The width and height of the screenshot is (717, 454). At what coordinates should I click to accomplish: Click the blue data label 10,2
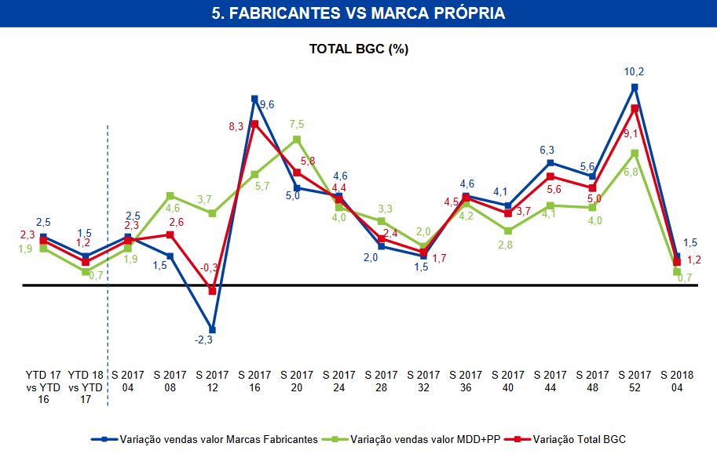[x=634, y=72]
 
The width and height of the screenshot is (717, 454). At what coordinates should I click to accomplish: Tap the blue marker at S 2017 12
[x=212, y=329]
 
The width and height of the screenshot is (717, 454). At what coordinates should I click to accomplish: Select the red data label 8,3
[x=236, y=125]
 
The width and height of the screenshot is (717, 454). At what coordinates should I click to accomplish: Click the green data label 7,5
[x=296, y=124]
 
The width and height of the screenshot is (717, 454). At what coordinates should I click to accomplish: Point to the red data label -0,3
[x=209, y=267]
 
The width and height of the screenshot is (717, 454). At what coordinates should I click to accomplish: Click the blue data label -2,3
[x=203, y=340]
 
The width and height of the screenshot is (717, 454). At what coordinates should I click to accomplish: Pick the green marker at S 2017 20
[x=297, y=140]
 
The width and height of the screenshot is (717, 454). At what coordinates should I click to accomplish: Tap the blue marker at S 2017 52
[x=634, y=87]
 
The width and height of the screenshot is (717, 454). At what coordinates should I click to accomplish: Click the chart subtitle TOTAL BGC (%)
[x=358, y=49]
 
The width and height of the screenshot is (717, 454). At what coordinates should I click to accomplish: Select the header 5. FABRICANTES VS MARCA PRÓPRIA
[x=358, y=13]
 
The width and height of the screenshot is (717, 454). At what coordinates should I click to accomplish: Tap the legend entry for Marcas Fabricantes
[x=211, y=439]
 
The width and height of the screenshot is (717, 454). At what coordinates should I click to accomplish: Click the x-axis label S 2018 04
[x=676, y=381]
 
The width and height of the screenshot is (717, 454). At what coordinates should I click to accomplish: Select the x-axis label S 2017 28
[x=382, y=381]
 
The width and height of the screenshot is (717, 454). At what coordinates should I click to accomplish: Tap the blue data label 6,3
[x=548, y=150]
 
